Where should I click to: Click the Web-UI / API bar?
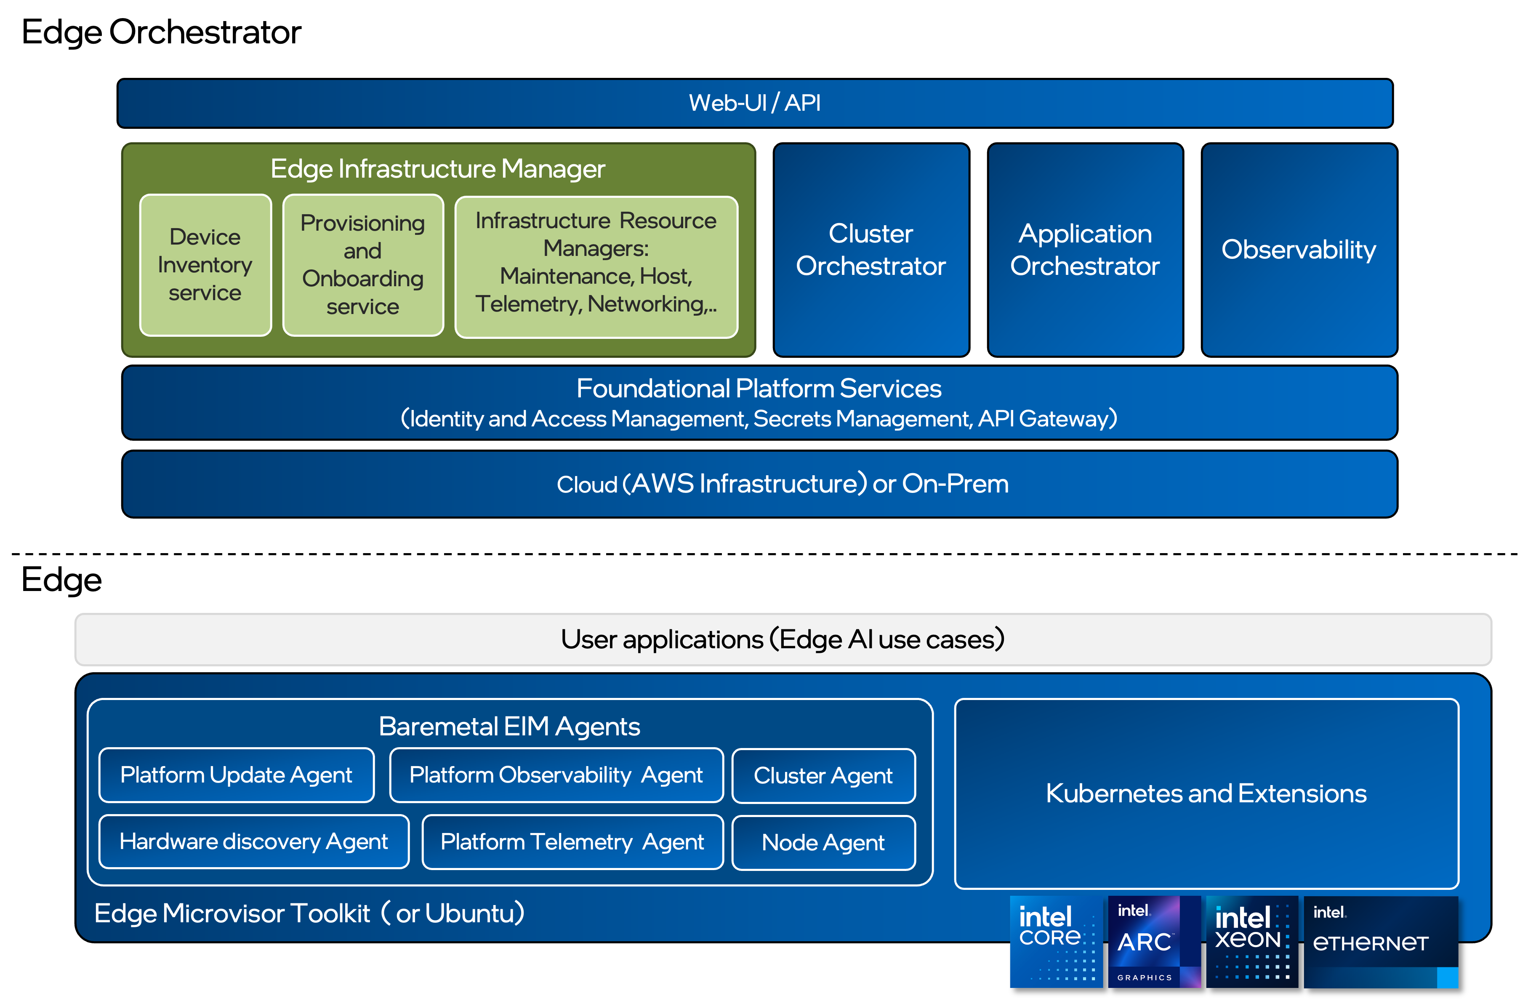click(755, 103)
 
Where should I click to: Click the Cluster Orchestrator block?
click(870, 250)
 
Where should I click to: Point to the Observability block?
click(1299, 250)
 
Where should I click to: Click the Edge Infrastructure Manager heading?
click(437, 169)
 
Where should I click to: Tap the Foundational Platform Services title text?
click(759, 389)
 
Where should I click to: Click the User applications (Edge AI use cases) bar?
click(783, 639)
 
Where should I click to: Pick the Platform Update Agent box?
click(236, 775)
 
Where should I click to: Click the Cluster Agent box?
click(823, 775)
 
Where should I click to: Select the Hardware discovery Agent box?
click(253, 842)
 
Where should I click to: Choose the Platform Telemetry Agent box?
click(572, 842)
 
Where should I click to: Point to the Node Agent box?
click(823, 843)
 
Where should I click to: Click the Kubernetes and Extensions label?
click(1206, 793)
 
